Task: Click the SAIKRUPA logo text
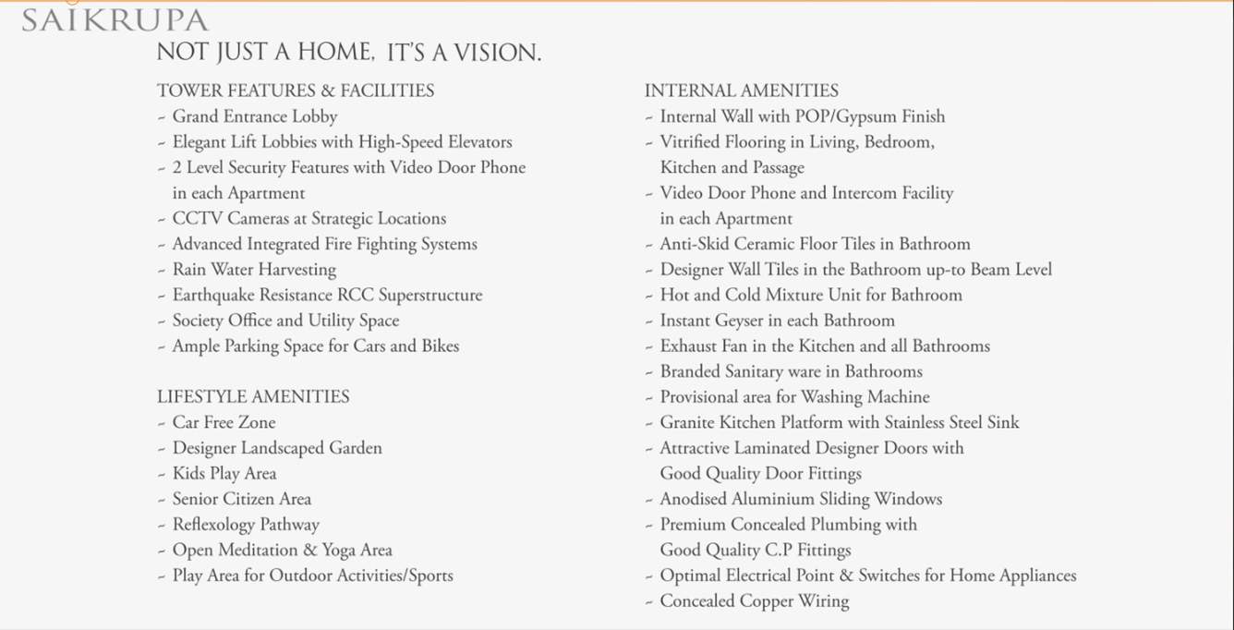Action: tap(115, 20)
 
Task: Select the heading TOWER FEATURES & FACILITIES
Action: tap(296, 91)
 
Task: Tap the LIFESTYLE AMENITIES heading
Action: tap(253, 396)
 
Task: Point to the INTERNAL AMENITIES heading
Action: tap(742, 91)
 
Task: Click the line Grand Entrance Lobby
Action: tap(255, 116)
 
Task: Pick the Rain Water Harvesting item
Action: tap(254, 270)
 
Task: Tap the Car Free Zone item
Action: tap(224, 422)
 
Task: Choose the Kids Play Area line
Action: tap(224, 473)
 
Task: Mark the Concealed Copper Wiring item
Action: tap(754, 601)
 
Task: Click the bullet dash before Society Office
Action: tap(162, 321)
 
